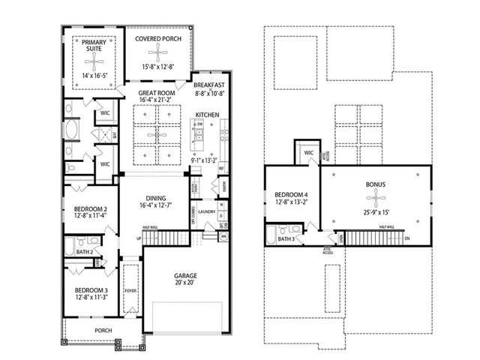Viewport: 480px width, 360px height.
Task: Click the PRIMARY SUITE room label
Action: (x=94, y=46)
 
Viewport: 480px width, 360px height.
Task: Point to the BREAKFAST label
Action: (x=208, y=86)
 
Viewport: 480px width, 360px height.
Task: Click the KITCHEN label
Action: (x=207, y=115)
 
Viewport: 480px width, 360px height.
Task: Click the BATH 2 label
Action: (x=85, y=252)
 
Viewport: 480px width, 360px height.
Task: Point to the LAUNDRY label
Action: (x=208, y=211)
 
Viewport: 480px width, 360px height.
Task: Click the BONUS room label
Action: (x=376, y=183)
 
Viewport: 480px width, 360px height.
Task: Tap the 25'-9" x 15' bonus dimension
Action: (x=376, y=212)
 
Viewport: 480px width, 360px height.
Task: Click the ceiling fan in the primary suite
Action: (x=94, y=63)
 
